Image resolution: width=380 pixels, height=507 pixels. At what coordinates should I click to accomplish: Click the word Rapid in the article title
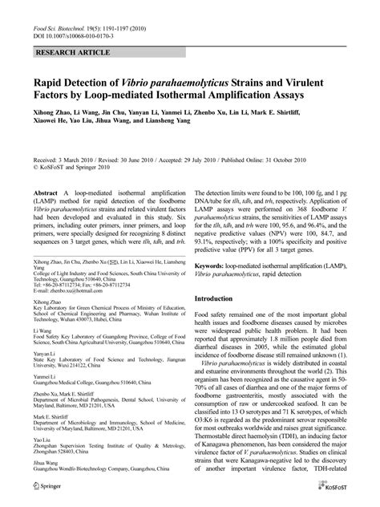[x=51, y=80]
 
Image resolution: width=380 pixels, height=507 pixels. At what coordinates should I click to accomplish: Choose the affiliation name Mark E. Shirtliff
[x=53, y=416]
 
